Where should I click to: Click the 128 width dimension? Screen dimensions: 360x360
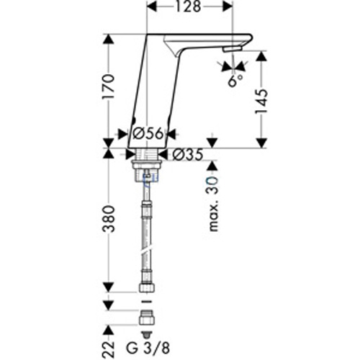click(188, 7)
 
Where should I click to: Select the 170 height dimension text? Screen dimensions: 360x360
click(108, 87)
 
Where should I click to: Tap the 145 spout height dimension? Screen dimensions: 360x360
click(261, 102)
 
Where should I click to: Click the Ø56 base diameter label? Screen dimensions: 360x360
click(148, 133)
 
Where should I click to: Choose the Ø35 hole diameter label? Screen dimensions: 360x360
click(188, 154)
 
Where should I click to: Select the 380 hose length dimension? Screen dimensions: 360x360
click(109, 218)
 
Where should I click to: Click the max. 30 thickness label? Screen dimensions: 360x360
click(213, 204)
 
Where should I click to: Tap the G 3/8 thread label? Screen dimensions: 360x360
click(148, 348)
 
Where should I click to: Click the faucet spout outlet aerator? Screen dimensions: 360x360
click(232, 50)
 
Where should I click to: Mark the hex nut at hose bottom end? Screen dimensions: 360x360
click(146, 288)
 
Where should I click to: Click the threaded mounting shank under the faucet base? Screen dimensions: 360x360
click(147, 166)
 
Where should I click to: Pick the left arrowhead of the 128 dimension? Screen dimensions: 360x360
click(152, 6)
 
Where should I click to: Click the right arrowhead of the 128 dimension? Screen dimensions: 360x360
click(227, 6)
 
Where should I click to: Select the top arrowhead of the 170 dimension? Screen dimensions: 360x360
click(108, 40)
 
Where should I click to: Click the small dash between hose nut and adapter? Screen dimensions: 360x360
click(146, 301)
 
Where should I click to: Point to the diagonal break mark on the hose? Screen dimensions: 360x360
click(146, 249)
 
